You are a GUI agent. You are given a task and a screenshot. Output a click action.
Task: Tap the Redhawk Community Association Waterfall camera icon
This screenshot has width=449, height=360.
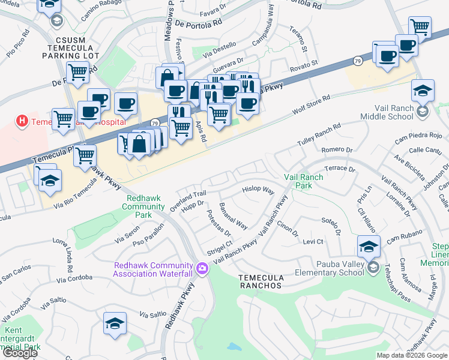(x=202, y=268)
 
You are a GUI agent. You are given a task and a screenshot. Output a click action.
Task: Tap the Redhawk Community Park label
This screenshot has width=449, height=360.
(x=145, y=206)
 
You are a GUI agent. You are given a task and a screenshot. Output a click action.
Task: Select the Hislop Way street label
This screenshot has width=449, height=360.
(x=258, y=190)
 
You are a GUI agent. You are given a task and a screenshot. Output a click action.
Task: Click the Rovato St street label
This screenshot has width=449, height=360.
(x=303, y=64)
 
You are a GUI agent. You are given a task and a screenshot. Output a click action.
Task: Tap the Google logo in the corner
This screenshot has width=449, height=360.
(x=20, y=353)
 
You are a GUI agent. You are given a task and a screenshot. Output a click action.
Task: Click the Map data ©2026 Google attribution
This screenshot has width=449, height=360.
(x=411, y=355)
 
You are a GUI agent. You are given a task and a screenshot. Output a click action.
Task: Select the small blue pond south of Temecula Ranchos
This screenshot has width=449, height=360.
(x=232, y=347)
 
